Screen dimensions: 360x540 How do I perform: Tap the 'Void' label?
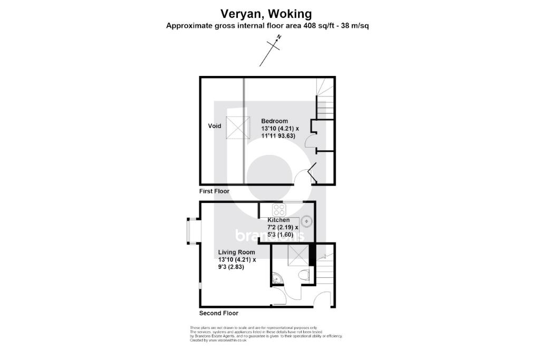(x=214, y=126)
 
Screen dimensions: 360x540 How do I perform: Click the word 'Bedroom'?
(x=275, y=121)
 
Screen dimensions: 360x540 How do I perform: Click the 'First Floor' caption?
(x=214, y=191)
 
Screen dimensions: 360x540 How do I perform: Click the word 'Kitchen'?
(x=278, y=220)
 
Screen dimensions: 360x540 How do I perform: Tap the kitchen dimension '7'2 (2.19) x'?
(x=283, y=227)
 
